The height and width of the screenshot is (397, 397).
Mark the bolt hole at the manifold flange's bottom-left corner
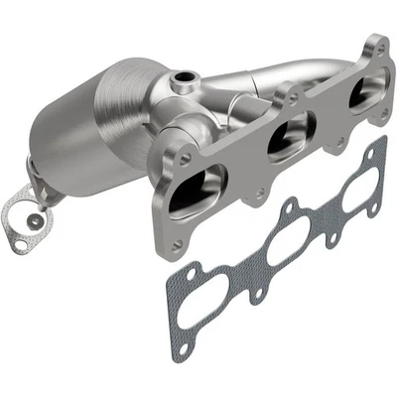pos(176,244)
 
